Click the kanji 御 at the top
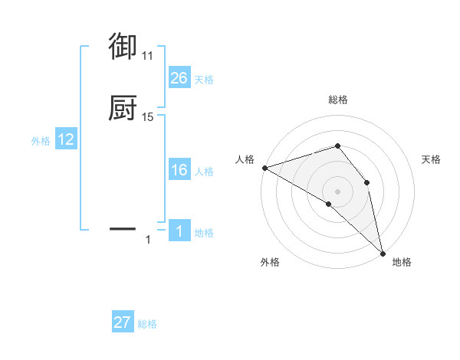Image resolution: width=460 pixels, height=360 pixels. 123,47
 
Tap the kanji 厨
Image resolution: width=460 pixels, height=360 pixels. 123,108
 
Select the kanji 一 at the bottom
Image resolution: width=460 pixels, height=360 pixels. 123,228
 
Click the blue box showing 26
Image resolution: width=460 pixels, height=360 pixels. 179,78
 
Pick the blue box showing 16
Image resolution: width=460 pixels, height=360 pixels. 179,171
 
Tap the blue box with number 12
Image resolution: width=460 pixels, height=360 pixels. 66,139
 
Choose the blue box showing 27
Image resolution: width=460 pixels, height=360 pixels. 123,322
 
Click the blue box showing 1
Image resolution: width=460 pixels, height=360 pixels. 179,232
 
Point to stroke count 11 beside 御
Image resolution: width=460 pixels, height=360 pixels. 147,56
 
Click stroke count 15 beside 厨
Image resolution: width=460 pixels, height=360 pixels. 147,117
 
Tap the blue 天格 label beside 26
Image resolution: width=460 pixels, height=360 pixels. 204,80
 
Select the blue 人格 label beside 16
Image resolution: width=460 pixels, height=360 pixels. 204,172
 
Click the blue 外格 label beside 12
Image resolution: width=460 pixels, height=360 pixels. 40,141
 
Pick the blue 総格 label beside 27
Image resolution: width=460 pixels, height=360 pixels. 147,324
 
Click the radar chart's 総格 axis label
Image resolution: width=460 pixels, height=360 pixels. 337,100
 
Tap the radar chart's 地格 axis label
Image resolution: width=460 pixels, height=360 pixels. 402,262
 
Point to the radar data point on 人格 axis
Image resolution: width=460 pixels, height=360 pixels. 264,167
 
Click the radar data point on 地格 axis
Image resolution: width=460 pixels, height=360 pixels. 383,252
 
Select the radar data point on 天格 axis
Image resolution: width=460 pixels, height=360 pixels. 367,182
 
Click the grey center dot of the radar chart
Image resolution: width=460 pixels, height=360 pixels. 337,191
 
